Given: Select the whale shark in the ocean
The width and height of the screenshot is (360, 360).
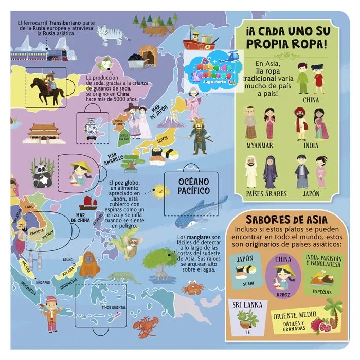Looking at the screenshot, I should (200, 211).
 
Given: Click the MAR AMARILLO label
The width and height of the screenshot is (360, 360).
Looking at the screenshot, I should (115, 161).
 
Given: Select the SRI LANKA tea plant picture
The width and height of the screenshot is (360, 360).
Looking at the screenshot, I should (247, 319).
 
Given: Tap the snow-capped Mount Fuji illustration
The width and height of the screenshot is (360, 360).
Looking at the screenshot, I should (171, 121).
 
